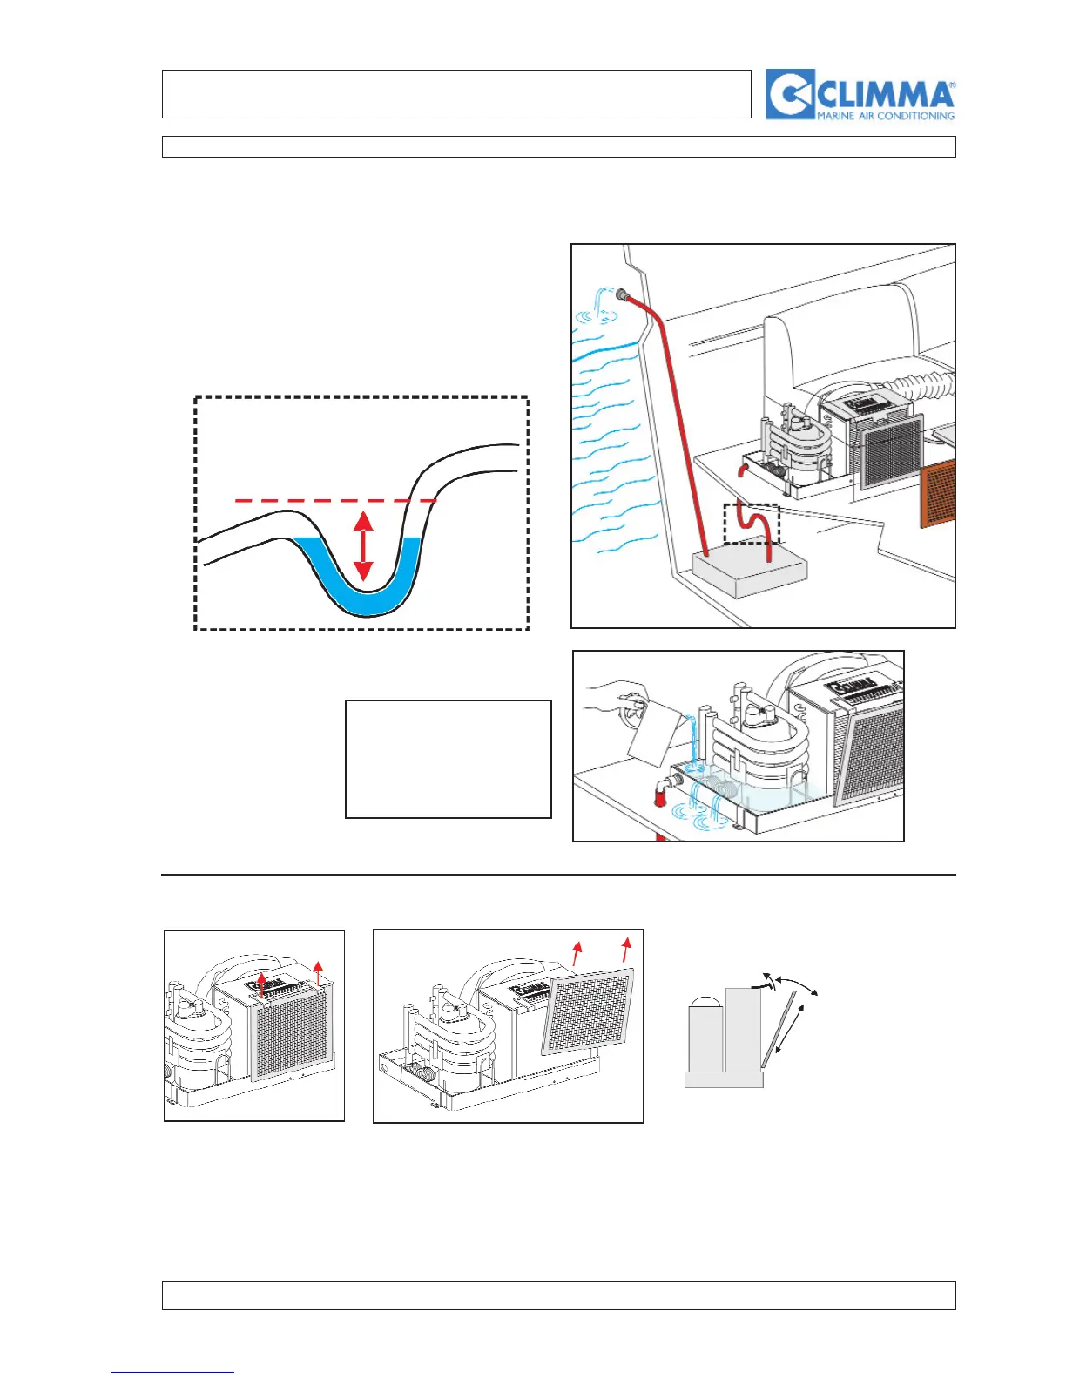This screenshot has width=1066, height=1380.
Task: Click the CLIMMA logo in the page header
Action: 860,94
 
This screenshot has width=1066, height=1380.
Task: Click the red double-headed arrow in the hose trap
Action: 363,546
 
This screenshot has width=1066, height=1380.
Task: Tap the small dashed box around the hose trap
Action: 752,524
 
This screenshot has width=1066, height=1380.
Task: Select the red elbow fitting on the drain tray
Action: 662,788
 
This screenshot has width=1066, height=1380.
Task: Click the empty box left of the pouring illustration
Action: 449,758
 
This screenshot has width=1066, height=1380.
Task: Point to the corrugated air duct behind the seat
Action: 923,387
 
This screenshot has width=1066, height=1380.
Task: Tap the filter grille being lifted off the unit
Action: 588,1011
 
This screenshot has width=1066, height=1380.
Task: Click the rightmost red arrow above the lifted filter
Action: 625,952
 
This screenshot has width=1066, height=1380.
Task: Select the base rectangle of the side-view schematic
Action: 724,1079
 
